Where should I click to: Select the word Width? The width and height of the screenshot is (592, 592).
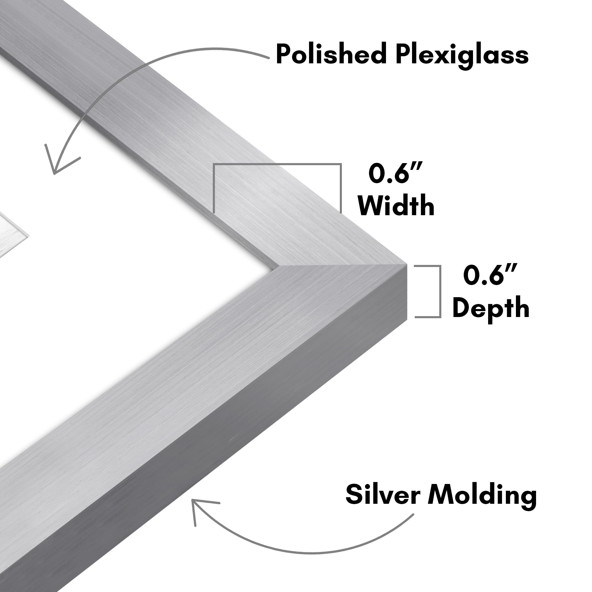point(396,205)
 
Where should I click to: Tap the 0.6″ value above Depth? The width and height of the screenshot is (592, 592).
point(490,275)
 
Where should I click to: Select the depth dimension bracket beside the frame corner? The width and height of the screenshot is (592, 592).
point(440,291)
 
